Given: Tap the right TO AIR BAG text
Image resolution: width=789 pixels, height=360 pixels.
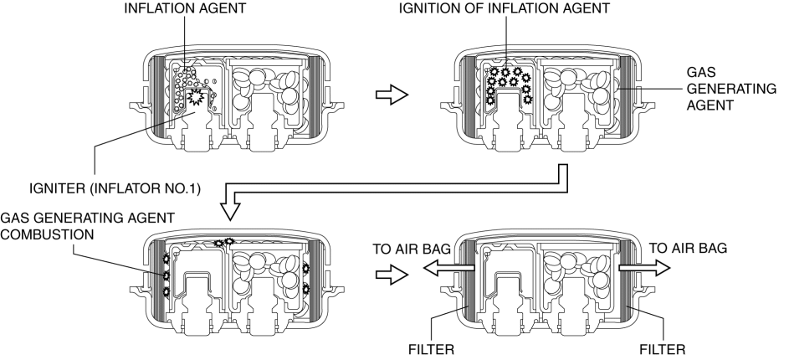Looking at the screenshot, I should [688, 248].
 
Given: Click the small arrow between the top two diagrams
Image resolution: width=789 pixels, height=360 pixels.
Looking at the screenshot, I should [391, 95].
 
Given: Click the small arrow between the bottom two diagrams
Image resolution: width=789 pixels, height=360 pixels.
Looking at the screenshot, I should [391, 273].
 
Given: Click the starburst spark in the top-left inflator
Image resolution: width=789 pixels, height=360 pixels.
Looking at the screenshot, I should [198, 99].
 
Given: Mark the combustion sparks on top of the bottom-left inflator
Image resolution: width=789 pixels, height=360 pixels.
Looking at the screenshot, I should [223, 243].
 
